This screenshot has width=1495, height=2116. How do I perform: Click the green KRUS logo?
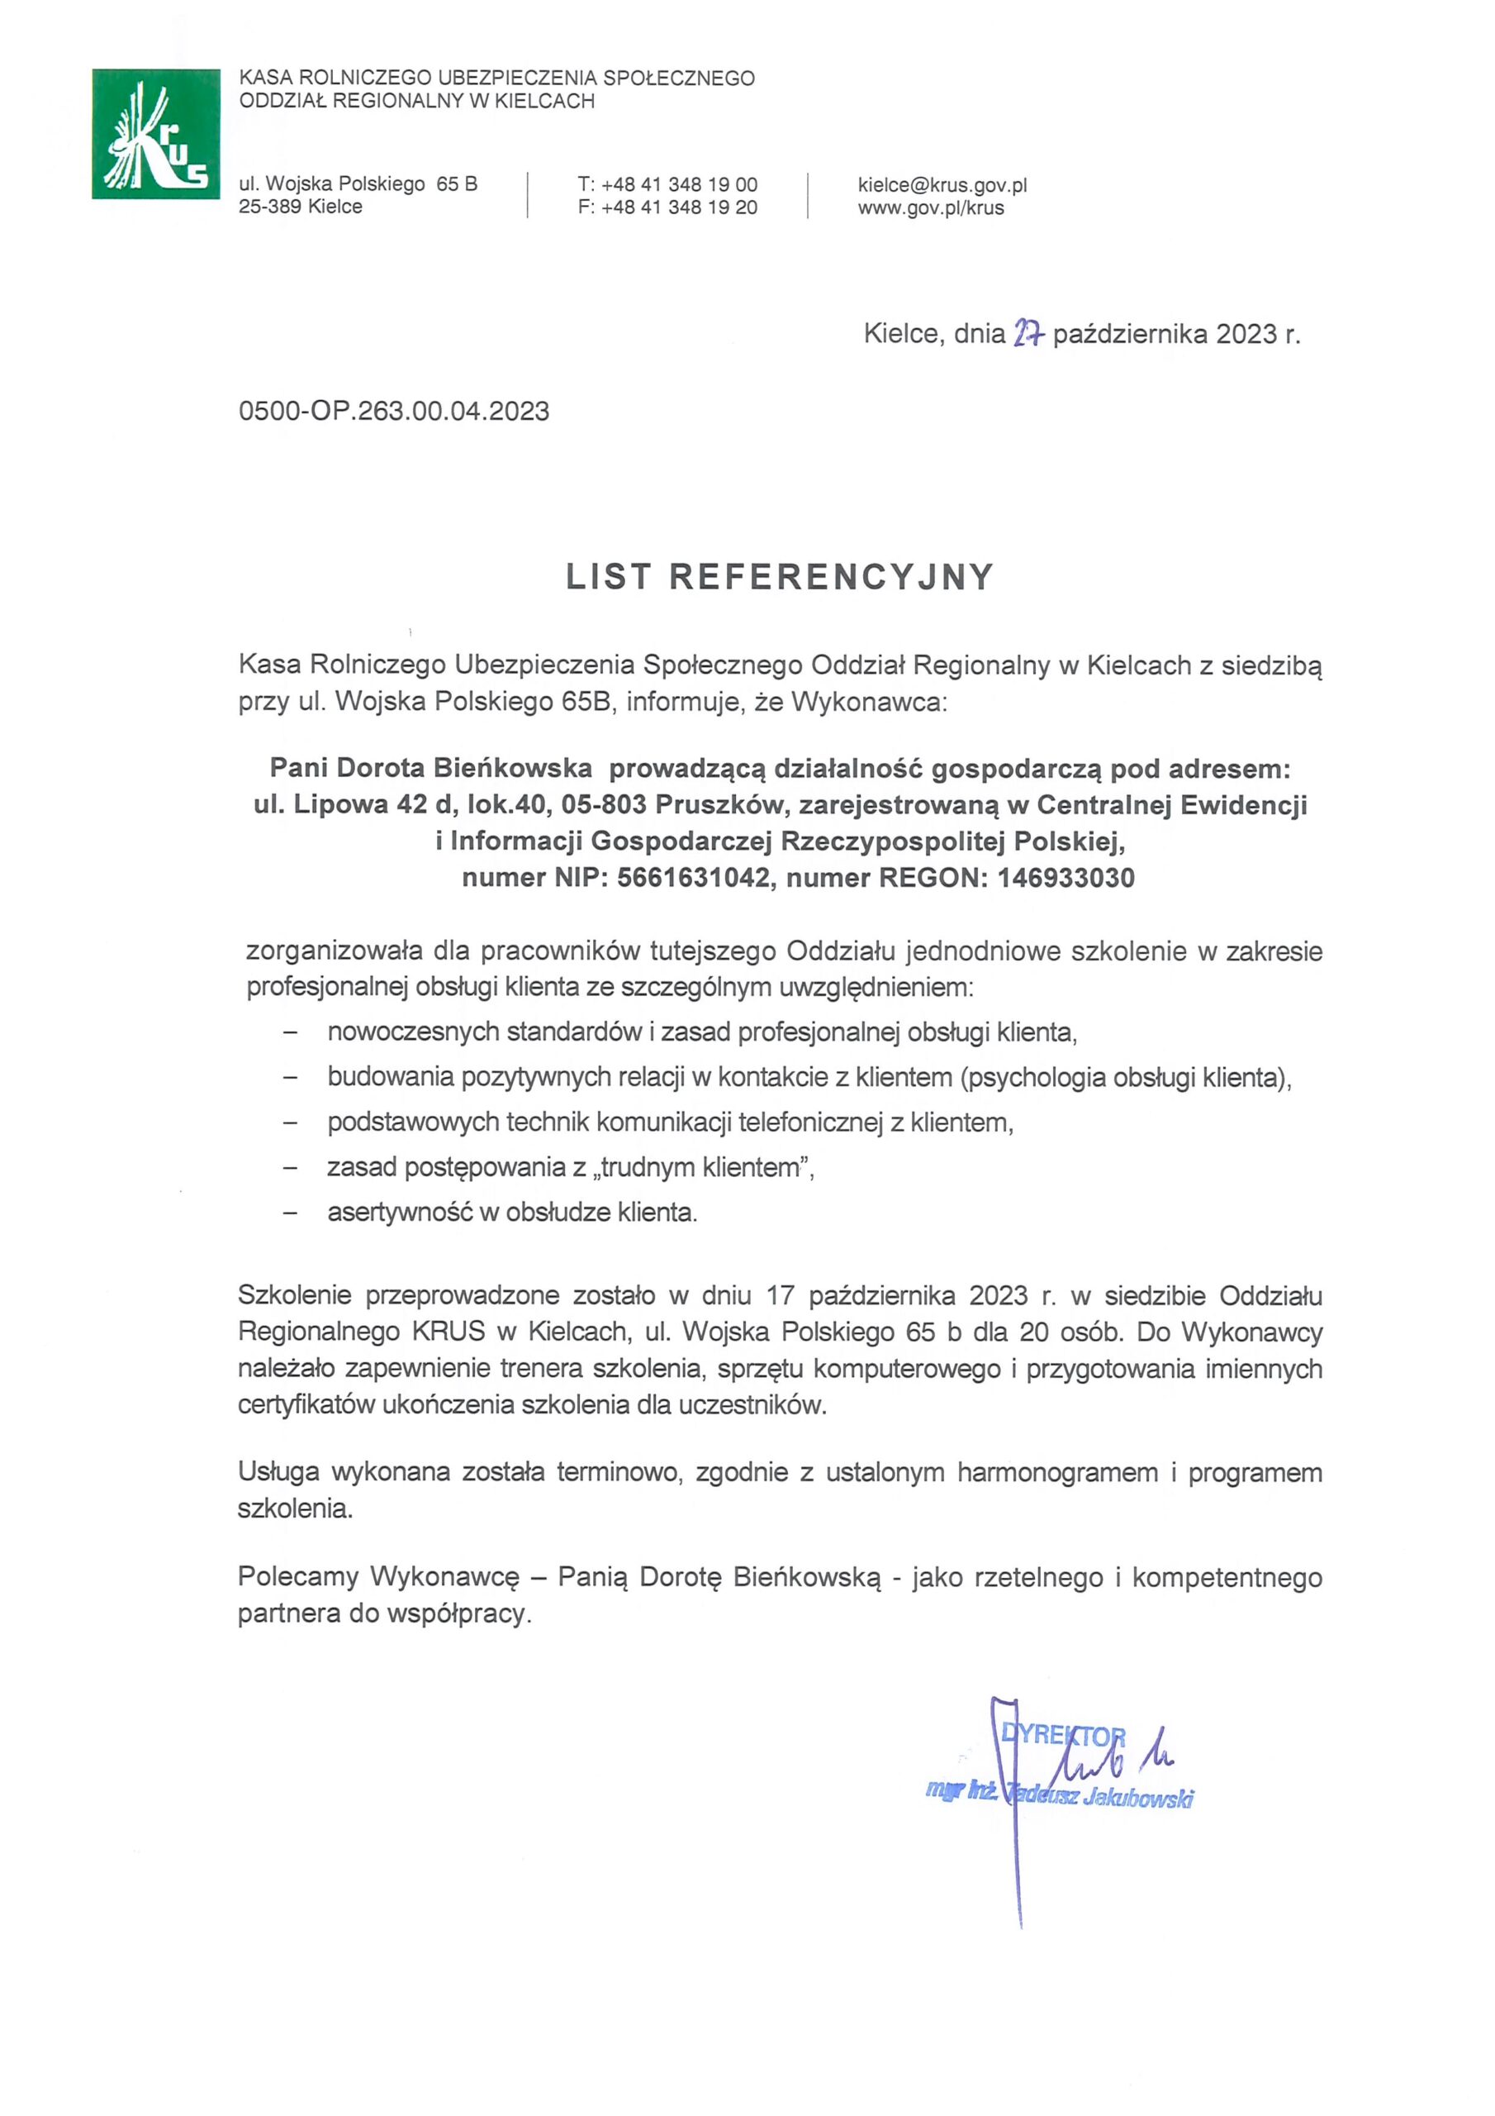pos(155,134)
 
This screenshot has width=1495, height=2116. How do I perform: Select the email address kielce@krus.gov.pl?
pos(942,184)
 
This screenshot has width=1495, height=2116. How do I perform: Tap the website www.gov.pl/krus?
pos(930,207)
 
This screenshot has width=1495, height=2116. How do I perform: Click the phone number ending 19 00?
pos(679,184)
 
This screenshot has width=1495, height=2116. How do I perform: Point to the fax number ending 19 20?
pos(679,207)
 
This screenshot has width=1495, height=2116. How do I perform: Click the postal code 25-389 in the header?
pos(270,207)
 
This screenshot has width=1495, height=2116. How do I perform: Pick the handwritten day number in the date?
pos(1027,334)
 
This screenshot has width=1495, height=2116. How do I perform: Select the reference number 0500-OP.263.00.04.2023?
pos(393,411)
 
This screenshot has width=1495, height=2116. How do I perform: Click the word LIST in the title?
pos(608,577)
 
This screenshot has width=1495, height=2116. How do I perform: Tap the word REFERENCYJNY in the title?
pos(831,577)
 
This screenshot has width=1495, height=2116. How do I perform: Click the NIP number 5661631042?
pos(693,877)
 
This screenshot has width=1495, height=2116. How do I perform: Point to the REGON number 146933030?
pos(1065,877)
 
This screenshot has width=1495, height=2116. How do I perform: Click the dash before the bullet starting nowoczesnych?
pos(291,1033)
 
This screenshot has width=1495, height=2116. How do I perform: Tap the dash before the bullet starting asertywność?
pos(291,1213)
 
